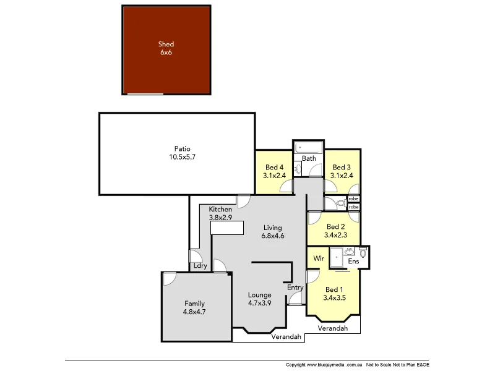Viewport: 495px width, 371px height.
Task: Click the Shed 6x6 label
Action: click(x=166, y=48)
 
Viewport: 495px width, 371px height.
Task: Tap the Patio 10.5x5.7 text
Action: click(x=182, y=153)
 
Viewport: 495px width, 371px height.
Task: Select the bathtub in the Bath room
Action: click(x=308, y=148)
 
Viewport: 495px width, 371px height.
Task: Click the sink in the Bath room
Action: click(x=298, y=169)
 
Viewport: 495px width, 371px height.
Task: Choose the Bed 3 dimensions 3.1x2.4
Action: click(x=342, y=176)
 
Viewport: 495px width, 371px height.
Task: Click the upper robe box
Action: click(x=353, y=198)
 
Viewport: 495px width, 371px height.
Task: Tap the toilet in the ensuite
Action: click(x=363, y=252)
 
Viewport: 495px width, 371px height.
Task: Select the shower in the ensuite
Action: click(x=337, y=257)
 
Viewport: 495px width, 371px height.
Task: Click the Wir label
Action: click(x=319, y=258)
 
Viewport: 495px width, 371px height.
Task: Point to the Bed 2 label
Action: click(x=335, y=226)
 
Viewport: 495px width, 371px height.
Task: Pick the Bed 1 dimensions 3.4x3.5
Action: click(x=334, y=298)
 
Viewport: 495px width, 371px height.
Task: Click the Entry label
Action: click(x=295, y=288)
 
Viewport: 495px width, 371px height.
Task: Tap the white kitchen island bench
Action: click(x=227, y=228)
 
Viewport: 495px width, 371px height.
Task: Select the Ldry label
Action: click(x=200, y=266)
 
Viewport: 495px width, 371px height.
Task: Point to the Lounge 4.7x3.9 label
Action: click(x=259, y=299)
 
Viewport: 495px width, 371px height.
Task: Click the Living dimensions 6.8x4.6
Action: click(x=272, y=236)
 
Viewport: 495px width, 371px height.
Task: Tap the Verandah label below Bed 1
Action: click(x=332, y=328)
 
